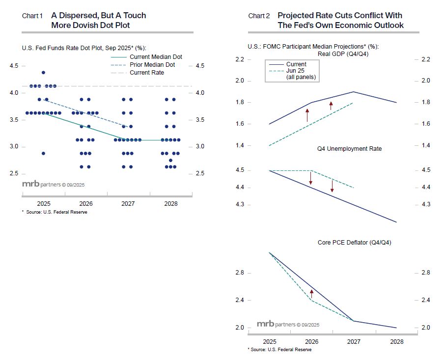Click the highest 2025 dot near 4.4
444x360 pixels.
tap(44, 73)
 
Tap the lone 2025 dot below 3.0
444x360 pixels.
tap(44, 153)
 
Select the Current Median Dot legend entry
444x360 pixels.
tap(156, 57)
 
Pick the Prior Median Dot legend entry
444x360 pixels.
tap(152, 65)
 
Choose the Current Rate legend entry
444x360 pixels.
tap(146, 73)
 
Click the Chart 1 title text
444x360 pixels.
tap(98, 20)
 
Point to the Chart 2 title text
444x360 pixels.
tap(340, 20)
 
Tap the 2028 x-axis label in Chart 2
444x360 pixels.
tap(396, 341)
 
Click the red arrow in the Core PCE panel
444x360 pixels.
tap(311, 293)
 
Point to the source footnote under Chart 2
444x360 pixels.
tap(280, 350)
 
